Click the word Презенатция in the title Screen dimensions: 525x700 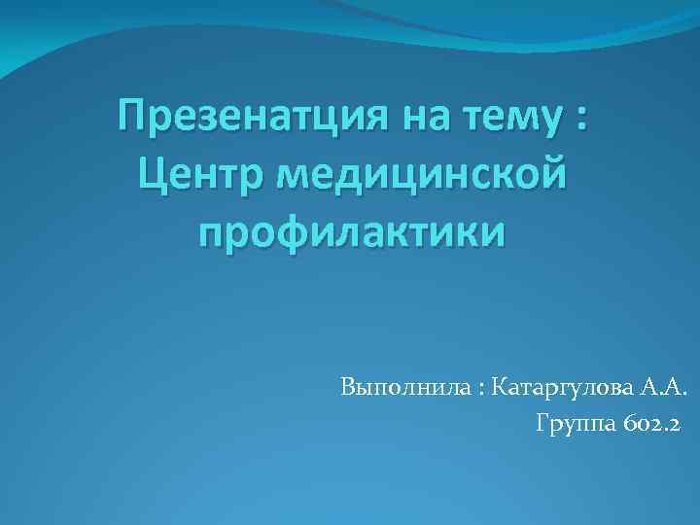pos(247,124)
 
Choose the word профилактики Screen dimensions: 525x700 pos(351,232)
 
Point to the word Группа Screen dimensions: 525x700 pos(574,425)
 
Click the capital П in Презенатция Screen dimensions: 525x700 pos(129,123)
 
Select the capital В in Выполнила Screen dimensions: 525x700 pos(347,390)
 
